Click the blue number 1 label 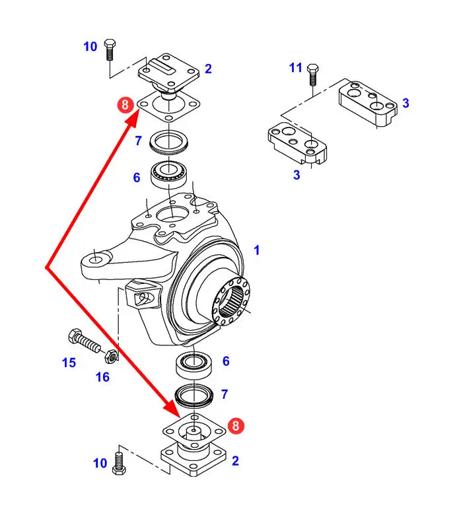(256, 250)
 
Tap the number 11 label (296, 67)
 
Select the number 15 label (69, 363)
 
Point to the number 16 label (102, 377)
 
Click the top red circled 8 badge (125, 105)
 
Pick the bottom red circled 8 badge (236, 425)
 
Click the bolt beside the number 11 (313, 75)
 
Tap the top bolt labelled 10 (110, 50)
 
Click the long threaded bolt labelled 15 (85, 340)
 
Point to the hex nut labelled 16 (111, 356)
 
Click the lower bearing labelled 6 (194, 365)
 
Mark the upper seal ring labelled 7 (169, 142)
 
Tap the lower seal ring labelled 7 (194, 396)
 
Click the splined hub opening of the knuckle (231, 301)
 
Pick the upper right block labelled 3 (368, 103)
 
